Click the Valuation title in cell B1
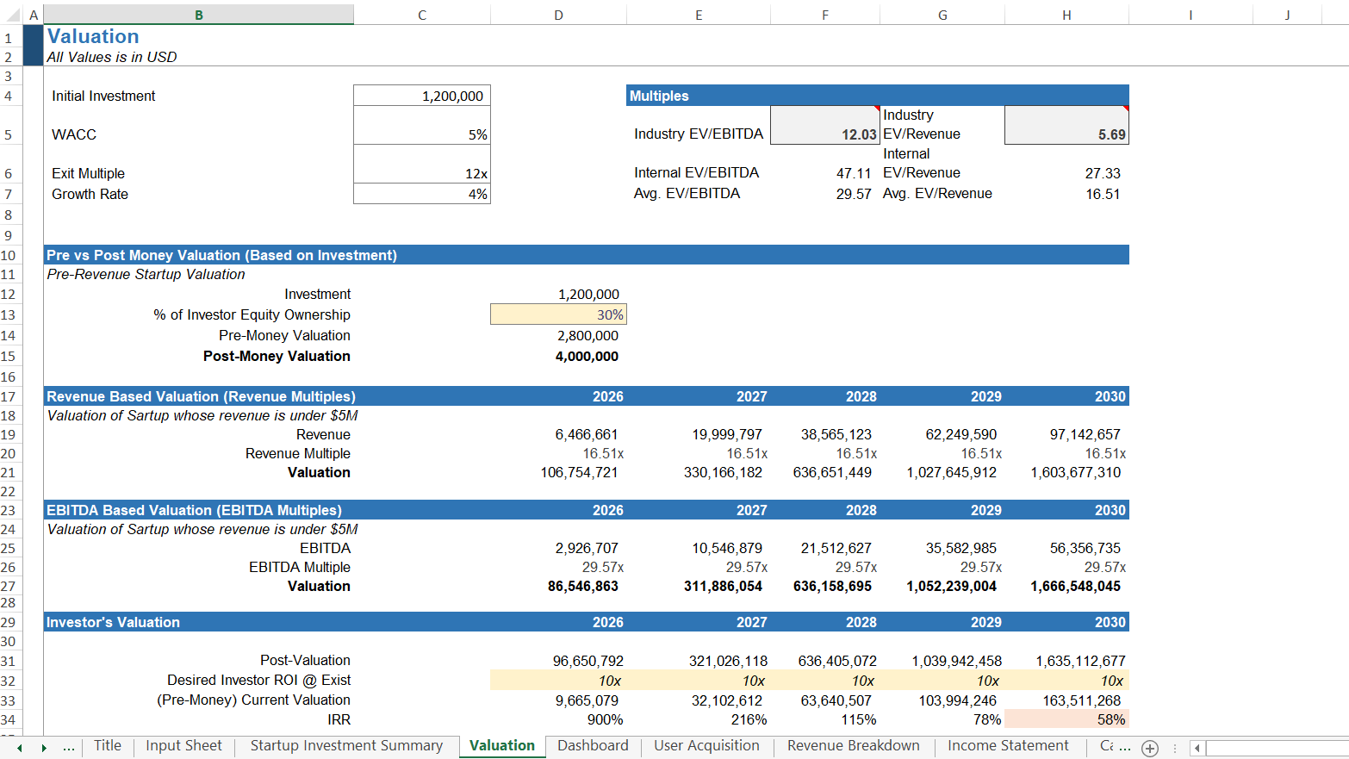pyautogui.click(x=93, y=36)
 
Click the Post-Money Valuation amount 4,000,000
pyautogui.click(x=587, y=356)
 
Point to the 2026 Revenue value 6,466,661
pyautogui.click(x=586, y=434)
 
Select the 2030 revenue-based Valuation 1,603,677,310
pyautogui.click(x=1075, y=472)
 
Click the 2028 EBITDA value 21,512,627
pyautogui.click(x=836, y=548)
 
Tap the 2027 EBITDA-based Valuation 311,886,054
pyautogui.click(x=723, y=586)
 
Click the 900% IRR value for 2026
pyautogui.click(x=605, y=719)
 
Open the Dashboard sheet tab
pyautogui.click(x=593, y=745)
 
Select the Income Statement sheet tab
pyautogui.click(x=1007, y=745)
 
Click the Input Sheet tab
pyautogui.click(x=183, y=745)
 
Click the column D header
pyautogui.click(x=558, y=15)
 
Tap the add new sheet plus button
pyautogui.click(x=1150, y=748)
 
